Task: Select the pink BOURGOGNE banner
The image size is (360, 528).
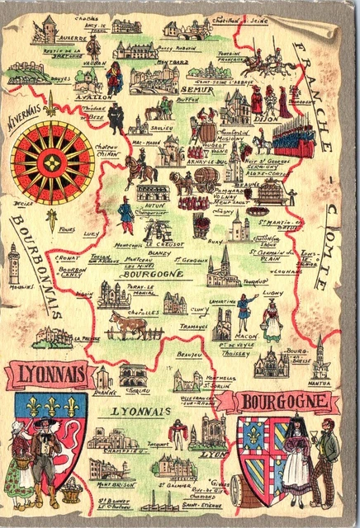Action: point(286,402)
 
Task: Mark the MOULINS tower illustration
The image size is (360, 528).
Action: point(14,265)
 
